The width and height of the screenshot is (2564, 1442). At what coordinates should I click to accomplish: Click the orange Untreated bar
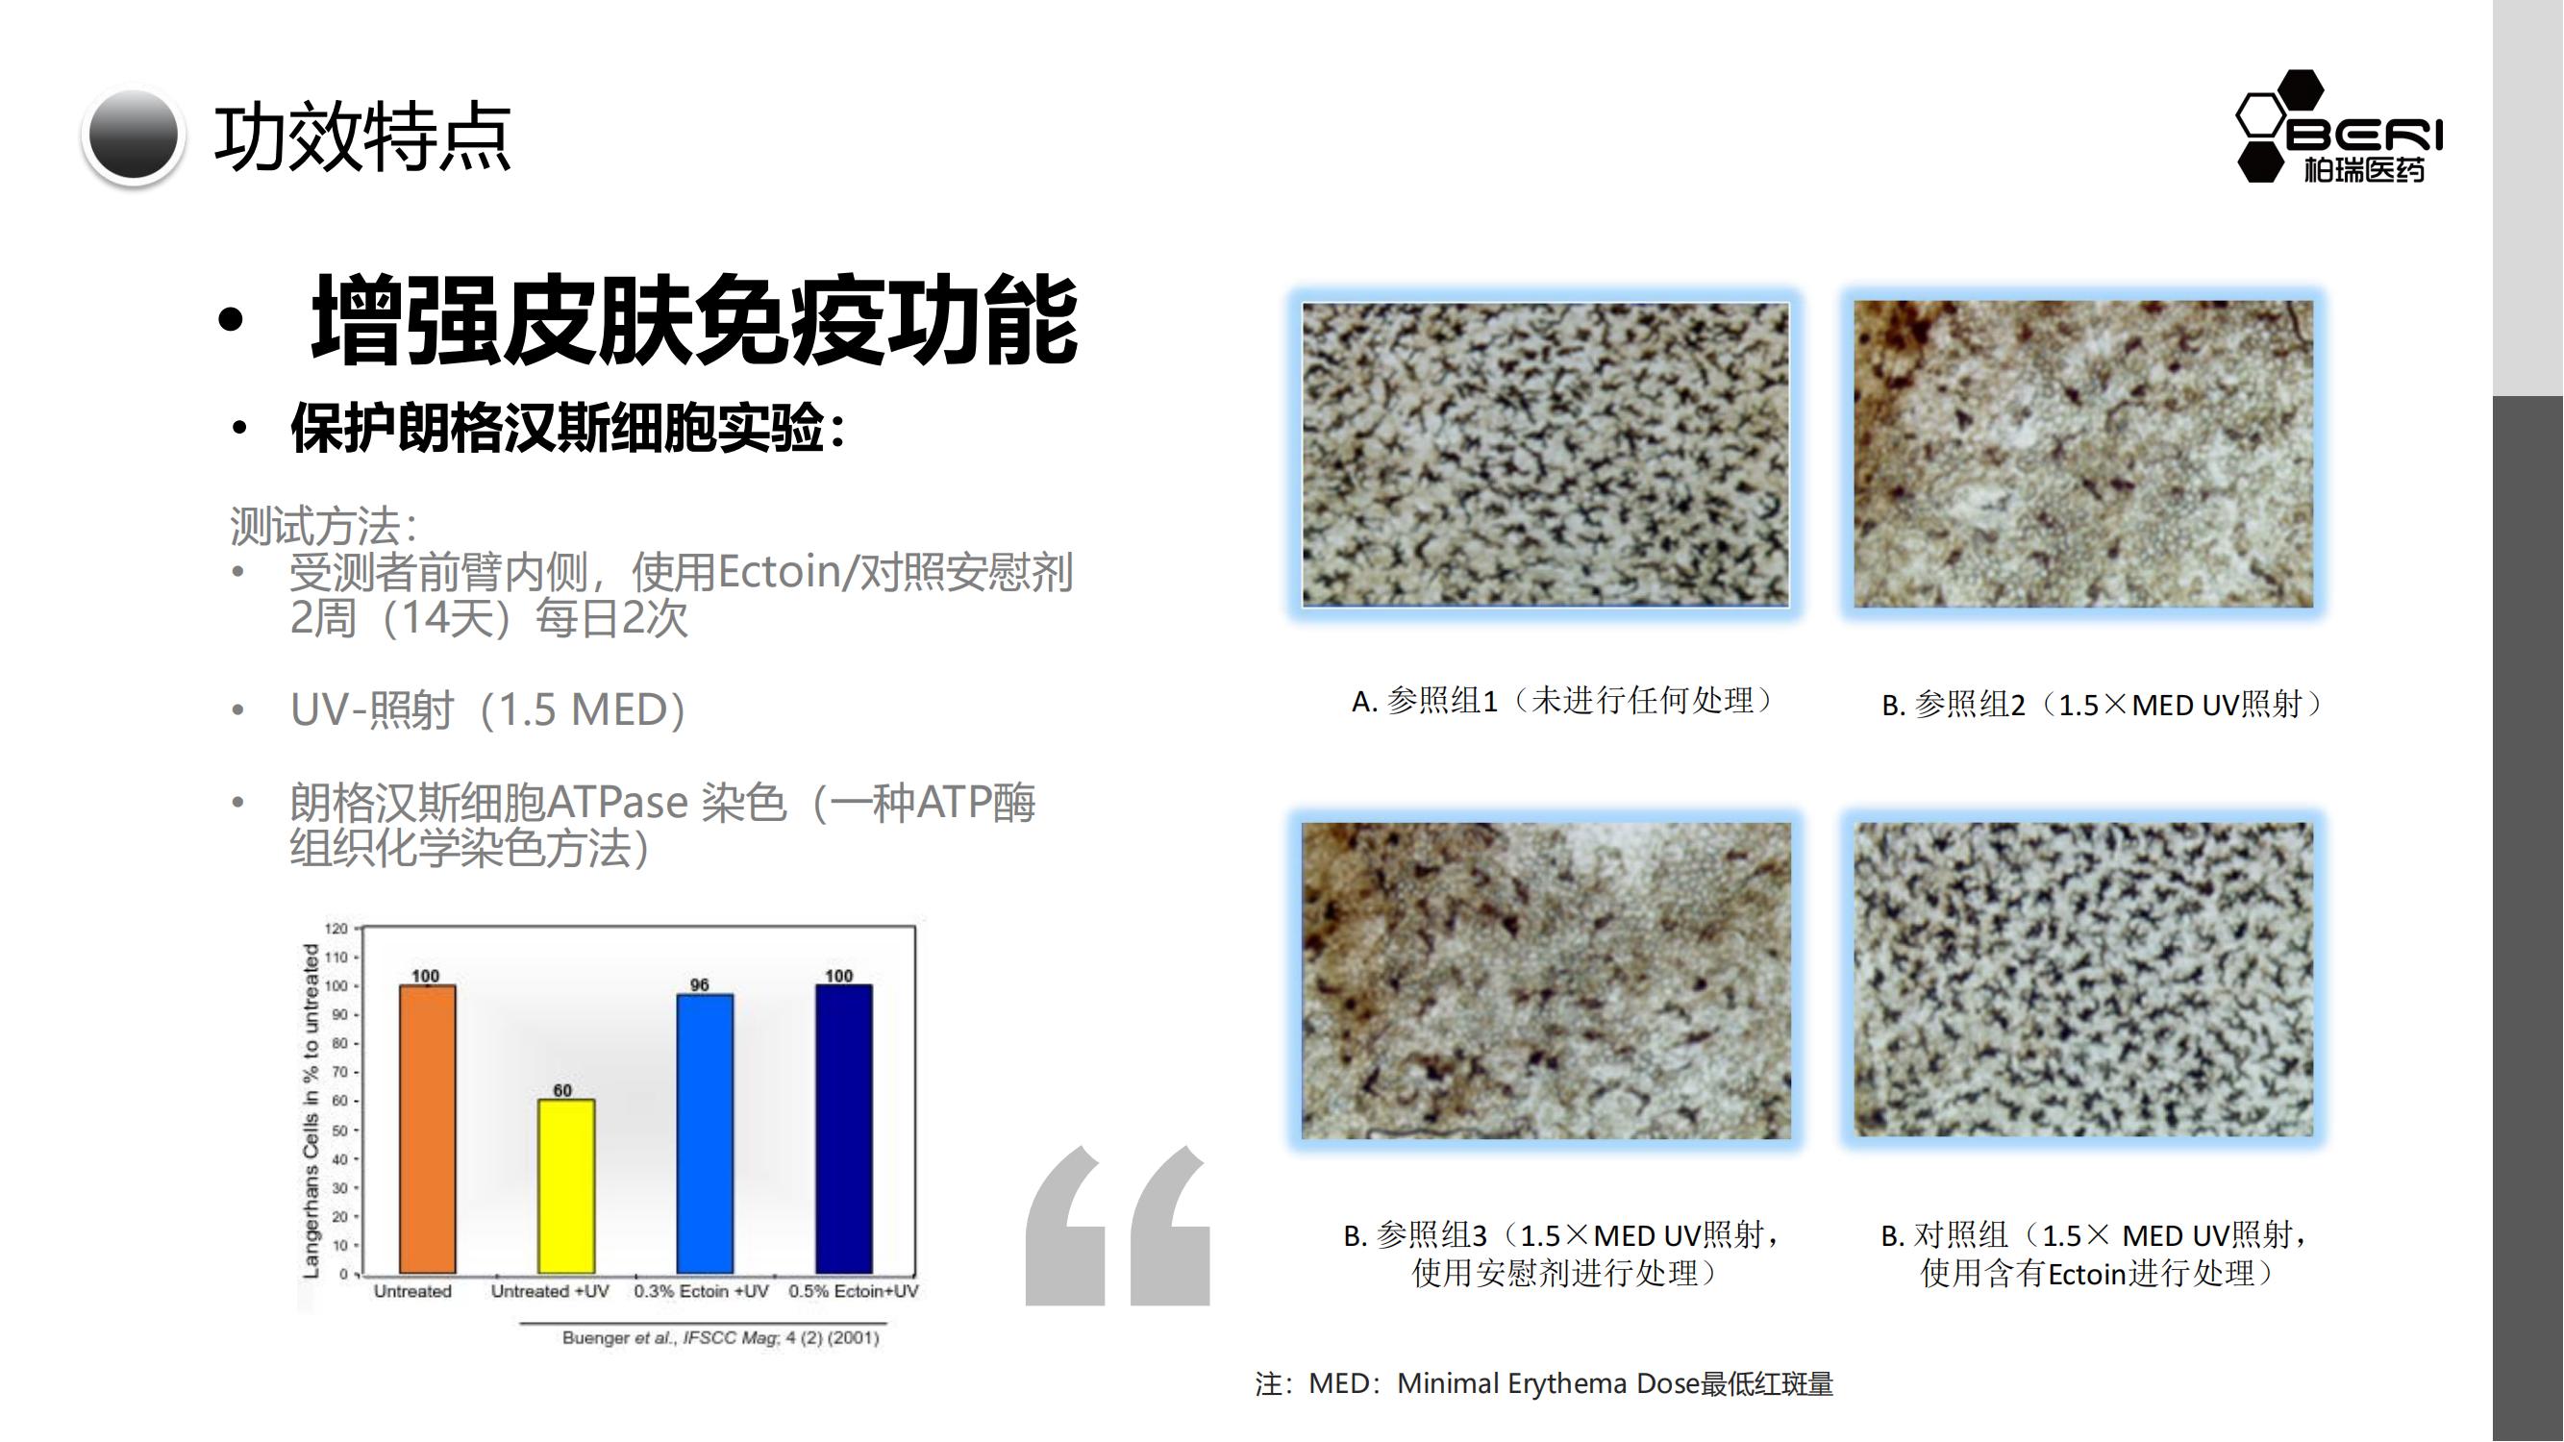(428, 1129)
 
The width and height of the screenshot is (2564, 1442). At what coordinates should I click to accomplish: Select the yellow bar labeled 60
(566, 1186)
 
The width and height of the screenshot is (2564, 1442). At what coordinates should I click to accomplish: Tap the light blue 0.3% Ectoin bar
(705, 1133)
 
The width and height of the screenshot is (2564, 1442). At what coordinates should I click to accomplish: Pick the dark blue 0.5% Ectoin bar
(844, 1129)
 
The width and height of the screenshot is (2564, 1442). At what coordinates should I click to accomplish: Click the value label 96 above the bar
(700, 984)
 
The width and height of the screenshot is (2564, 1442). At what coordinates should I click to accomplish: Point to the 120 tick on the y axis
(336, 929)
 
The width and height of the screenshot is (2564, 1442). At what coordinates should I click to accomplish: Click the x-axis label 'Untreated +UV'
(550, 1291)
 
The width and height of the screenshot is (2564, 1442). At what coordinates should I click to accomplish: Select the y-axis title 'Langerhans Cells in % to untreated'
(311, 1111)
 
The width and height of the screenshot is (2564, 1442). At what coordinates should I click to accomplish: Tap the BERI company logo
(2339, 126)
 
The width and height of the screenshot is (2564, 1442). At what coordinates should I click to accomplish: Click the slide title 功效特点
(362, 137)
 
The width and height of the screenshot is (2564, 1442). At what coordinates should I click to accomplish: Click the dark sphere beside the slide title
(133, 137)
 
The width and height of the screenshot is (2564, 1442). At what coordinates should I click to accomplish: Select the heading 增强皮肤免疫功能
(695, 319)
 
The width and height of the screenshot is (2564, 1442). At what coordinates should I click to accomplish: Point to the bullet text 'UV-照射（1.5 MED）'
(487, 709)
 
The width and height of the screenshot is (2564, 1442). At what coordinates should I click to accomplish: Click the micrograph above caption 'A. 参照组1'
(1545, 455)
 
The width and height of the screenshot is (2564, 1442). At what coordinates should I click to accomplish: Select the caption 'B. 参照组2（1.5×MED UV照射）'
(2103, 705)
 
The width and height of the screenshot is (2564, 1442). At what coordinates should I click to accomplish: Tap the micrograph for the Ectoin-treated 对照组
(2082, 980)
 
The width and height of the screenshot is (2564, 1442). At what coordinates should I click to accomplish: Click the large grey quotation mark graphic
(1118, 1225)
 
